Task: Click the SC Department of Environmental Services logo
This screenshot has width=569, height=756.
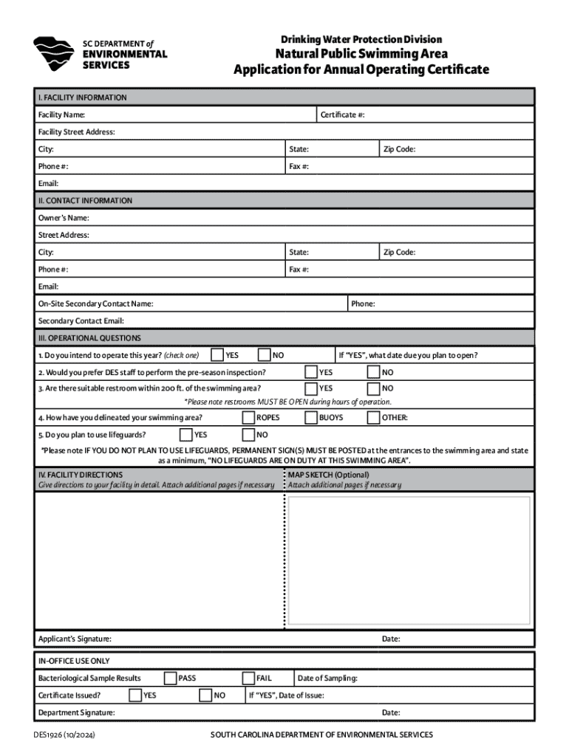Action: click(53, 54)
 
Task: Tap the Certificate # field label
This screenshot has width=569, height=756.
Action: click(342, 115)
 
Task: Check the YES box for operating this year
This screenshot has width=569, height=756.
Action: click(218, 355)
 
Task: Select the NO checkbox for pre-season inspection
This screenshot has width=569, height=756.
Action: click(374, 372)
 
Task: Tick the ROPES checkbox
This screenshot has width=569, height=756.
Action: click(249, 418)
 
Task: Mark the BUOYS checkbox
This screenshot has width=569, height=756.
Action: click(311, 418)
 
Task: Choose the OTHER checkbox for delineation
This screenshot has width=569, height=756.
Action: click(374, 418)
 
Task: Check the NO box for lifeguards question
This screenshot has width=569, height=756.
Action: click(249, 435)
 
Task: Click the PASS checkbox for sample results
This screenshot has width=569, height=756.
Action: click(171, 678)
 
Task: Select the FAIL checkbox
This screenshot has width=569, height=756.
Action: click(249, 678)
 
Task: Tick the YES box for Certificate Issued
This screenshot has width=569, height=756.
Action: click(135, 695)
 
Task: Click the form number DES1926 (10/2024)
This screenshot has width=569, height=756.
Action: click(64, 735)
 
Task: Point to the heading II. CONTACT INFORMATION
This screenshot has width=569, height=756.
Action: click(85, 201)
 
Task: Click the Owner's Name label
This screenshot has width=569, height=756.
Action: click(64, 218)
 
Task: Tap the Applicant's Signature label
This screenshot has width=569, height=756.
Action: click(75, 639)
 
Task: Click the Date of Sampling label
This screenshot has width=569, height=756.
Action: click(327, 678)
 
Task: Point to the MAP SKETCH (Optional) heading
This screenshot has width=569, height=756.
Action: click(328, 475)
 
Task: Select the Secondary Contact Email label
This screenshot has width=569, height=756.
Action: click(81, 321)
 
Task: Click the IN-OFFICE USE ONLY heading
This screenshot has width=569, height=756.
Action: click(74, 661)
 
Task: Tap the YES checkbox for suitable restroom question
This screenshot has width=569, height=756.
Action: click(311, 388)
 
